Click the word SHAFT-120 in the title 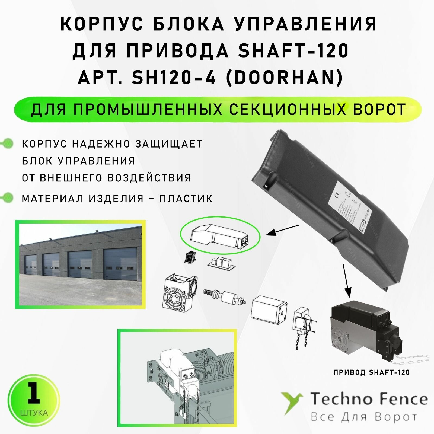pos(293,51)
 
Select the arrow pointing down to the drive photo pos(346,281)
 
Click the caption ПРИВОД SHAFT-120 pos(371,372)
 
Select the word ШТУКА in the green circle pos(34,413)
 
